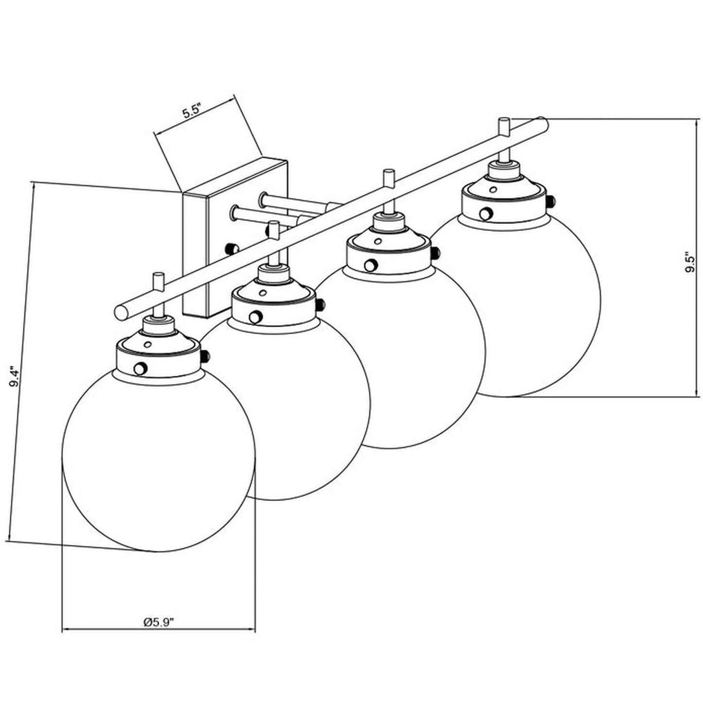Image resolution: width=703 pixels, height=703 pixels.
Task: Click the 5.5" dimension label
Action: point(192,111)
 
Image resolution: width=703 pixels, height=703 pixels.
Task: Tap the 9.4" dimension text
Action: point(17,379)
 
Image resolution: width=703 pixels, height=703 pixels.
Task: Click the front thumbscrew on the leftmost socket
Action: point(140,368)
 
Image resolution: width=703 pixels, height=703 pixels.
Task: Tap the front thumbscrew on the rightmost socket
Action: point(485,214)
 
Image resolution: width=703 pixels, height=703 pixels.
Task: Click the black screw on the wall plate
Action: point(232,249)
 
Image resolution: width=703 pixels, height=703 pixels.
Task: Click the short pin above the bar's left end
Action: point(158,282)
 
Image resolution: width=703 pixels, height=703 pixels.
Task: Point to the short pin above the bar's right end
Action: point(504,127)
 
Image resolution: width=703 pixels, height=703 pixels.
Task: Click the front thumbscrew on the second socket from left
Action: point(255,317)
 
